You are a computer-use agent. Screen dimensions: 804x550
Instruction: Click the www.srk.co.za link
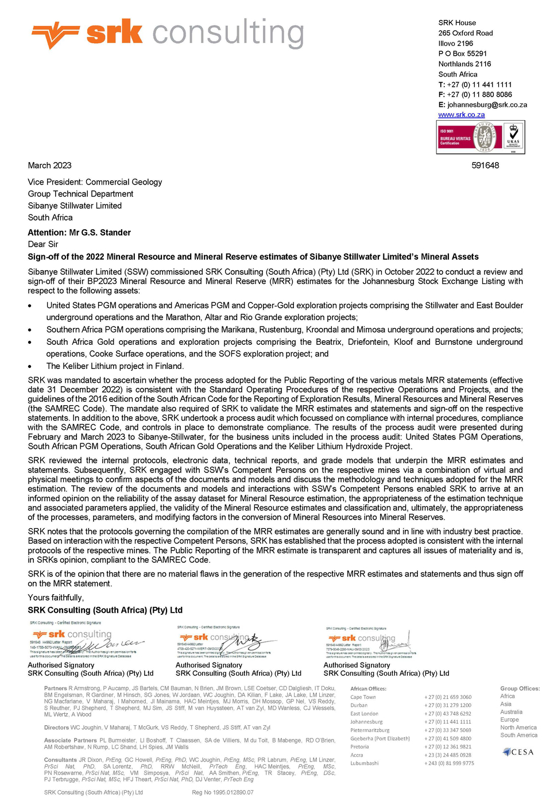coord(461,115)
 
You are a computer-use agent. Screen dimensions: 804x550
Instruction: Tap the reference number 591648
coord(485,166)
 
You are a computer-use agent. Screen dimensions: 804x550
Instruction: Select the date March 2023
coord(50,166)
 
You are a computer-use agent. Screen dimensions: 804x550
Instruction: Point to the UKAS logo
coord(513,137)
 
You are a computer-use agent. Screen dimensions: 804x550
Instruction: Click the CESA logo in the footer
coord(518,752)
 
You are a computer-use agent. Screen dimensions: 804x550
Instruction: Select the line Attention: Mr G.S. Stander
coord(79,233)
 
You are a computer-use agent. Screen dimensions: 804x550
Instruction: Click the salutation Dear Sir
coord(43,244)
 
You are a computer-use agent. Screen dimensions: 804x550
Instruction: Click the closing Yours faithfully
coord(56,598)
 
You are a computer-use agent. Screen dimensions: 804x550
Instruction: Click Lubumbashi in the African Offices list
coord(365,763)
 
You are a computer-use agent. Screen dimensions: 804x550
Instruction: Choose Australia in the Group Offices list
coord(511,712)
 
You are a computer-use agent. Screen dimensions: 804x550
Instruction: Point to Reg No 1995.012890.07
coord(223,793)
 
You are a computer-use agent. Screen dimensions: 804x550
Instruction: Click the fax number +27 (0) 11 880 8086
coord(479,95)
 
